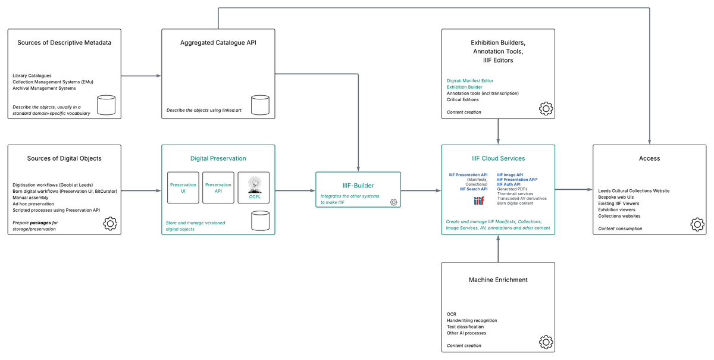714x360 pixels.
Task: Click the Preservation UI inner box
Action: pos(183,188)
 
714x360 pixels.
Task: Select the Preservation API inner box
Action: pos(218,188)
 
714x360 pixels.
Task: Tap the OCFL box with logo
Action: pos(254,188)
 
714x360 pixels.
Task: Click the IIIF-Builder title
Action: pos(358,186)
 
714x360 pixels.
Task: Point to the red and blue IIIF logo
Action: pos(479,201)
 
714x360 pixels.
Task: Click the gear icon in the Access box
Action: pos(697,224)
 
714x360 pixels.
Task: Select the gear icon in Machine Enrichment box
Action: pos(546,342)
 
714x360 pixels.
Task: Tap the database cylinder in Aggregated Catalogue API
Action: pos(260,105)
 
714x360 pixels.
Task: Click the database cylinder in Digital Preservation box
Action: pos(260,221)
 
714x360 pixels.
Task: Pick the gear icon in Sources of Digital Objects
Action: pos(110,223)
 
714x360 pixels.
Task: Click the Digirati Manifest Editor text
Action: pos(470,80)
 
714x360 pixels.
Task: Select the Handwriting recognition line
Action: pos(472,320)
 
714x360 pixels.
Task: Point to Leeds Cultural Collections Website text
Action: pos(634,191)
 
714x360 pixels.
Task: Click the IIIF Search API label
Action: pos(474,189)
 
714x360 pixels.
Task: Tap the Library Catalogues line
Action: pos(32,76)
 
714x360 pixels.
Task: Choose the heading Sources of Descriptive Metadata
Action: pos(64,43)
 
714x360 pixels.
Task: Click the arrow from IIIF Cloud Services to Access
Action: pos(574,190)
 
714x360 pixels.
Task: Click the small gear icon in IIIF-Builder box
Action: pos(393,202)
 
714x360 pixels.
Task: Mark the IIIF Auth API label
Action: pos(509,184)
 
